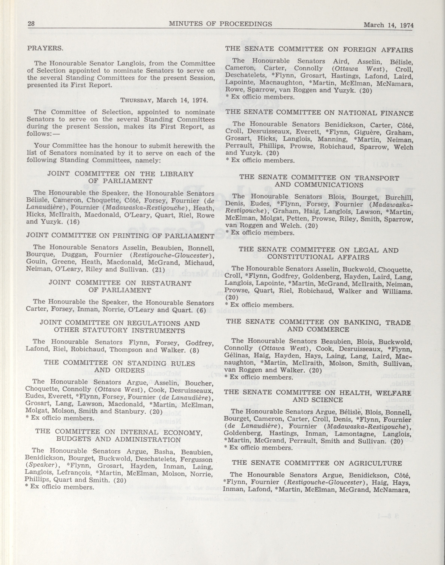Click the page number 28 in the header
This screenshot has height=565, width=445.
tap(31, 24)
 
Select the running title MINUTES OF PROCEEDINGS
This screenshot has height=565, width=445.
tap(220, 24)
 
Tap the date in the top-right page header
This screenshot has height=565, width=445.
tap(388, 25)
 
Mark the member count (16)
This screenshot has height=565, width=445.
tap(73, 222)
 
